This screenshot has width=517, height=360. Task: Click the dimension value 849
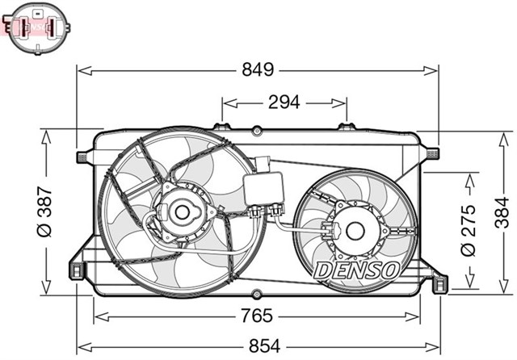click(258, 70)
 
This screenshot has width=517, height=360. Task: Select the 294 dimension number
click(284, 102)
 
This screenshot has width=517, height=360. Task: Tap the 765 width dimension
click(254, 316)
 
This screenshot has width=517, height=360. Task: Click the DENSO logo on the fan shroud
click(356, 270)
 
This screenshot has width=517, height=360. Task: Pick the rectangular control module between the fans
click(267, 188)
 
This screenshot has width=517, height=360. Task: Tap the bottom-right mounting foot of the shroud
click(439, 283)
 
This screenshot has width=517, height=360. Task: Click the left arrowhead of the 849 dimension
click(82, 71)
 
